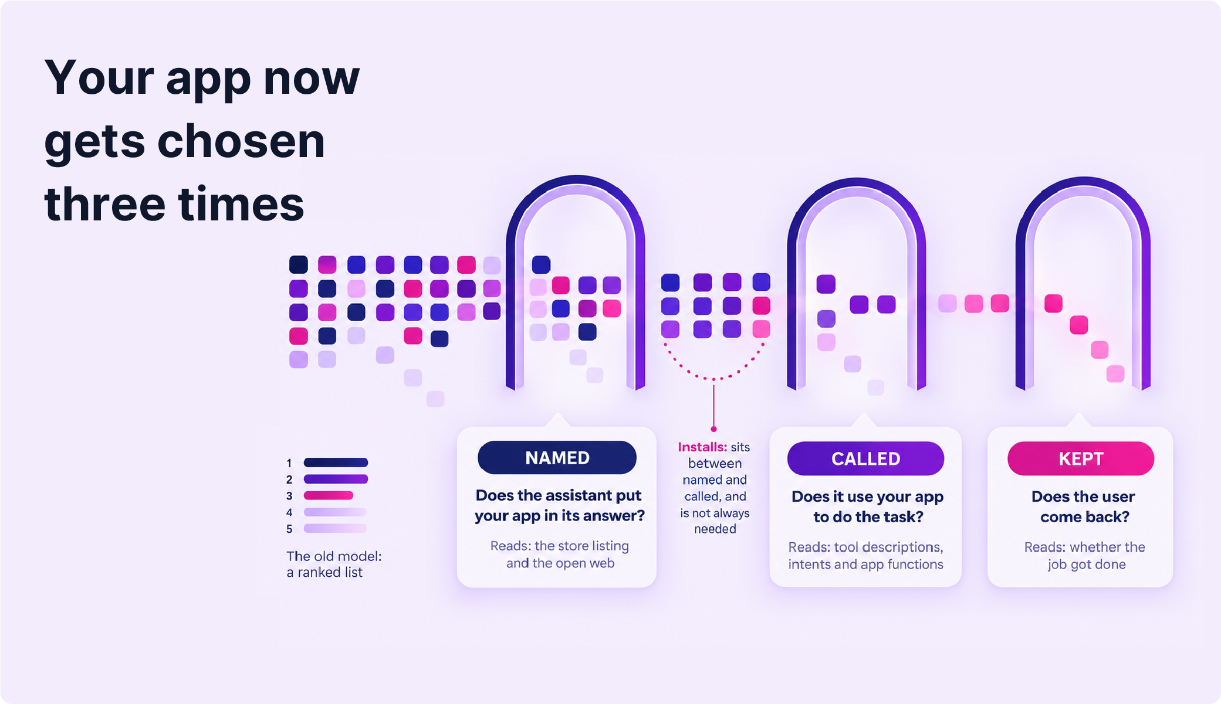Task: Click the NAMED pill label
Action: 557,458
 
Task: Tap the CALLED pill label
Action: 865,458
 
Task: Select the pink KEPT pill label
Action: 1081,458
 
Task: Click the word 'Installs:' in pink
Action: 702,447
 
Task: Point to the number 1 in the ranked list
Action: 289,463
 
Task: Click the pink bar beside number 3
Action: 329,495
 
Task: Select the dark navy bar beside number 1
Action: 336,462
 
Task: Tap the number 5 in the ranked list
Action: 289,529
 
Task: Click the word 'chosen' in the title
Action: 241,141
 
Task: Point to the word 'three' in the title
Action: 105,204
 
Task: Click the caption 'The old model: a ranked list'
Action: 334,564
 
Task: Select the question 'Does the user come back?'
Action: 1083,506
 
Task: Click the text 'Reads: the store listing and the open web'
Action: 560,554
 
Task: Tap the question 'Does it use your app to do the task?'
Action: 867,506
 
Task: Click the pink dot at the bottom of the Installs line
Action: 713,429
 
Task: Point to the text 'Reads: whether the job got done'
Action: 1085,555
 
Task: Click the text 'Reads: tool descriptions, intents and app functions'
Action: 865,555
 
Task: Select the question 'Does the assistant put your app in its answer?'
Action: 559,505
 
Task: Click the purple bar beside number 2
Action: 336,479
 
